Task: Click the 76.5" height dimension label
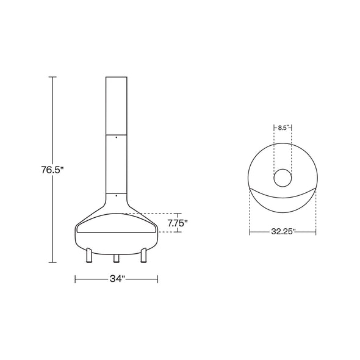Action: click(x=52, y=170)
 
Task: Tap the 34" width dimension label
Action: click(x=117, y=279)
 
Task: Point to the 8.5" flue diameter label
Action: click(x=283, y=128)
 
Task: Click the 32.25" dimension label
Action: click(x=283, y=232)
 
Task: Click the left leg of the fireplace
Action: click(x=89, y=255)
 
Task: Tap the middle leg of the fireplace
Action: click(x=117, y=258)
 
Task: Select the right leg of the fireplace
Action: click(x=144, y=255)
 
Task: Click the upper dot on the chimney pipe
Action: click(x=117, y=137)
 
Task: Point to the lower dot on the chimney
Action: click(x=117, y=196)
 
